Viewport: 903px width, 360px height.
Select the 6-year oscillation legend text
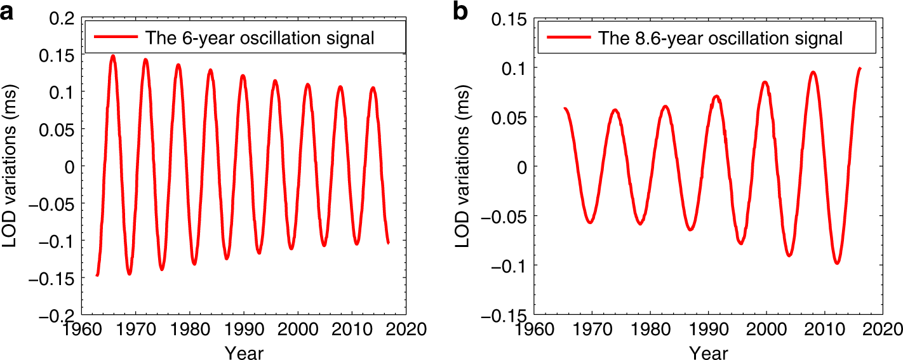(260, 38)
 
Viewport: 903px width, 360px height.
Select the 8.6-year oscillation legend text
(720, 39)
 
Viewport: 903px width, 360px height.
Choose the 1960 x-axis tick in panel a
(81, 330)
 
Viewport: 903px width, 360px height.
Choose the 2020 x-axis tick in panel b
(882, 330)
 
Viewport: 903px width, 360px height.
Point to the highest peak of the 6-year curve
(113, 56)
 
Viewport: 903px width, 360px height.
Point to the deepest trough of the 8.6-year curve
(837, 262)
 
